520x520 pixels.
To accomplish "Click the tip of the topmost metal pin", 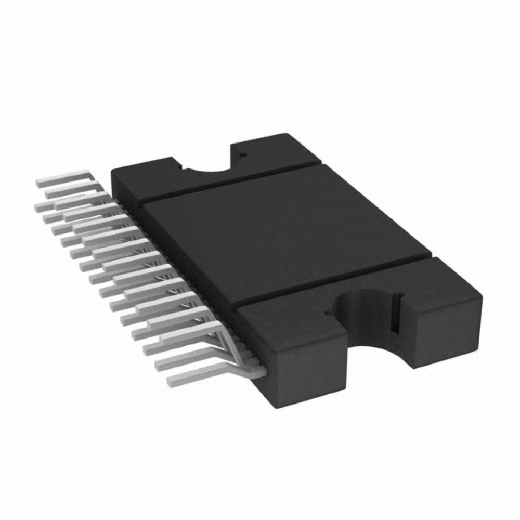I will tap(39, 183).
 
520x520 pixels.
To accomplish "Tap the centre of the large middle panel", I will tap(286, 234).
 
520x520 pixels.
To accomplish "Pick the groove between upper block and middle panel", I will tap(234, 182).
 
